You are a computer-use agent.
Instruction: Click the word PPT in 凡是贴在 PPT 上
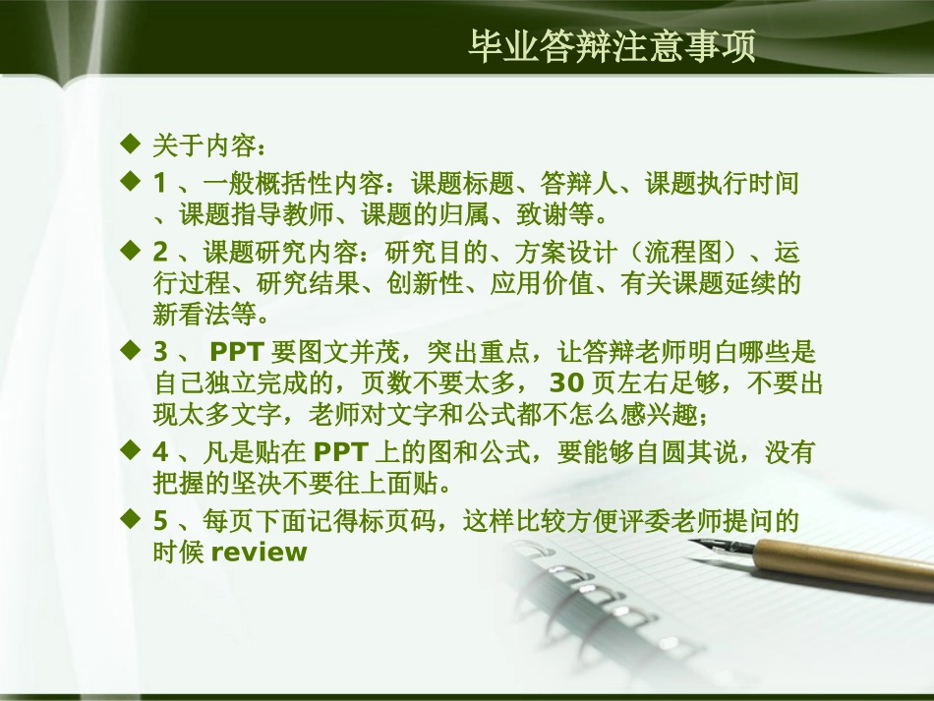pyautogui.click(x=341, y=452)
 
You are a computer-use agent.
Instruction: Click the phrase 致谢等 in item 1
pyautogui.click(x=571, y=213)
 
